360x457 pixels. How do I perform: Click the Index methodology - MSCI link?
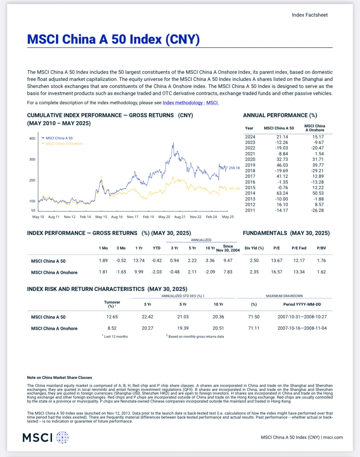(191, 103)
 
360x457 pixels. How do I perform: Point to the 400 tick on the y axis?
(32, 138)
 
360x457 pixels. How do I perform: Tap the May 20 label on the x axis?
(164, 217)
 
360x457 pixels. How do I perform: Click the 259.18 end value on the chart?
(234, 168)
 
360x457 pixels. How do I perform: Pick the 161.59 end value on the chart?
(234, 189)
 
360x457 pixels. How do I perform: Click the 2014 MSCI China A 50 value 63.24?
(282, 193)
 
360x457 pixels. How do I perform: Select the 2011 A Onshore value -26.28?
(317, 210)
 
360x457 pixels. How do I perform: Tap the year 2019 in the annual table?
(250, 165)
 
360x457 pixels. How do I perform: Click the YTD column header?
(157, 248)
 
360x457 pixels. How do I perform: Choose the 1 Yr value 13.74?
(139, 260)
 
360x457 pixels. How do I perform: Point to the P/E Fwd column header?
(299, 248)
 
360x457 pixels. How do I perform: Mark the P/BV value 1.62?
(321, 272)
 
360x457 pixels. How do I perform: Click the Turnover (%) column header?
(112, 304)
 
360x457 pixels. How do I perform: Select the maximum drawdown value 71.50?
(254, 317)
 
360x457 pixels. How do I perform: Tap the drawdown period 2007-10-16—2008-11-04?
(302, 328)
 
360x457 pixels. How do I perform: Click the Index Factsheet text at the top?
(310, 15)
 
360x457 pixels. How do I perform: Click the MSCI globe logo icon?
(62, 437)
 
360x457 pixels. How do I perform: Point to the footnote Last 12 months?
(116, 336)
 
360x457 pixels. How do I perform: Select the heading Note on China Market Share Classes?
(59, 377)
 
